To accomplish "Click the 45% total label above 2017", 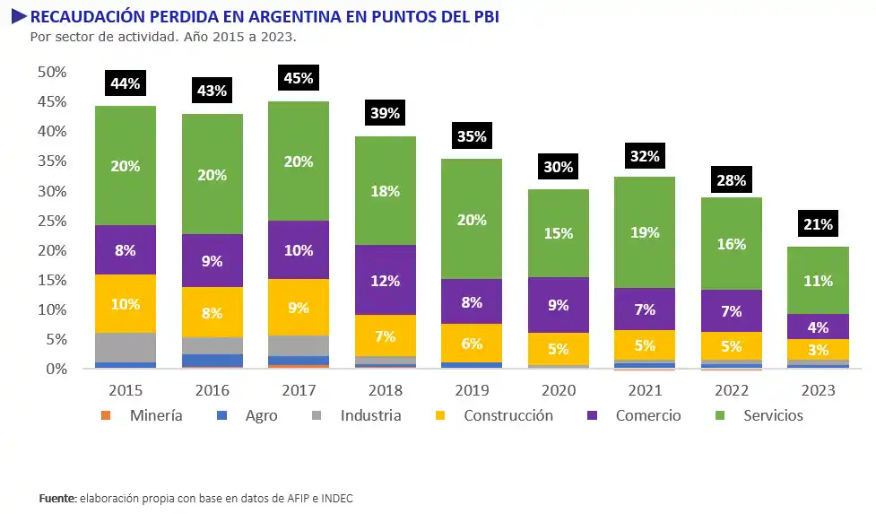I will (299, 78).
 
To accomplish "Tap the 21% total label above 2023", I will (818, 224).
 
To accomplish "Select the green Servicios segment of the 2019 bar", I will (472, 219).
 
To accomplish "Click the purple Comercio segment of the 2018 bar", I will (386, 280).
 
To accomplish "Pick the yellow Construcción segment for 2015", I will (126, 303).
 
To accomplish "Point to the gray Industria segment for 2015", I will (126, 347).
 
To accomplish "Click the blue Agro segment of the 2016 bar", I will (212, 360).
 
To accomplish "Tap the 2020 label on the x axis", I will (559, 390).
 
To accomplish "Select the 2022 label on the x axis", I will (732, 390).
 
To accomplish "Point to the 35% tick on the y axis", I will (52, 161).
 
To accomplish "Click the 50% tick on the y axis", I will (52, 72).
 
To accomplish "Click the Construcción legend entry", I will (507, 415).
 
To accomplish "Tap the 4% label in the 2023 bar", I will (818, 327).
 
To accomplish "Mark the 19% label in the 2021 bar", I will (645, 232).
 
